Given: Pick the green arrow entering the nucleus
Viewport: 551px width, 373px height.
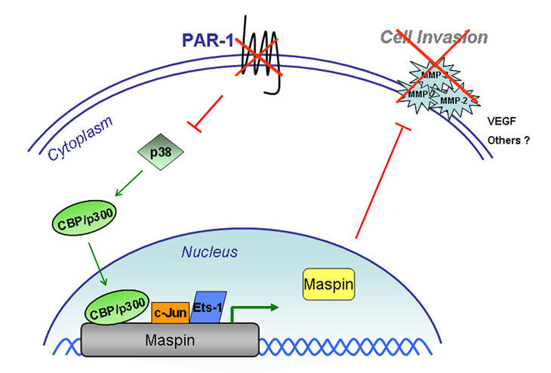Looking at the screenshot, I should pyautogui.click(x=96, y=261).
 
